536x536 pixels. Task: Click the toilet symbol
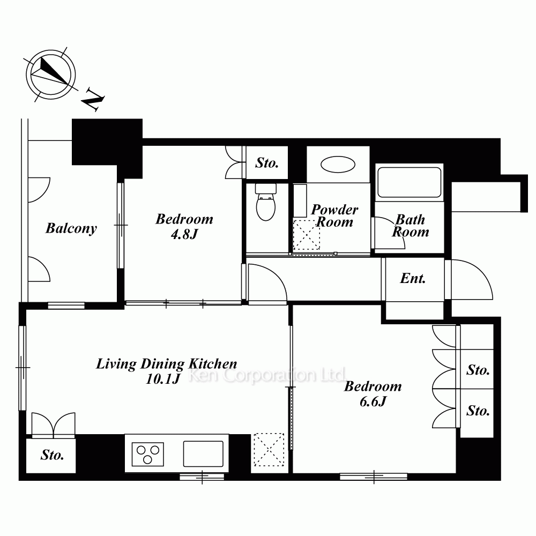click(266, 202)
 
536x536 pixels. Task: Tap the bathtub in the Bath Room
click(409, 182)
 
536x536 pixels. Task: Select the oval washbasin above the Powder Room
click(338, 165)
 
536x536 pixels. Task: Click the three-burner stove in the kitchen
click(148, 455)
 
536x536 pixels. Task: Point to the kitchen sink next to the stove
click(203, 454)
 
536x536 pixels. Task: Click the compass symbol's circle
click(51, 75)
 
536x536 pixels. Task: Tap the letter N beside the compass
click(93, 100)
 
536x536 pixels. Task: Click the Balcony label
click(71, 228)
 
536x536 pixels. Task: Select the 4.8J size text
click(184, 234)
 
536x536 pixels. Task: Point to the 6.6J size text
click(373, 401)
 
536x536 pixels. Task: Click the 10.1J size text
click(163, 379)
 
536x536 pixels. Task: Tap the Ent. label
click(413, 279)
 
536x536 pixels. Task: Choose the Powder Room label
click(334, 215)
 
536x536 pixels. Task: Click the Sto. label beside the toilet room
click(267, 163)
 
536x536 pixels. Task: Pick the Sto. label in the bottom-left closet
click(53, 455)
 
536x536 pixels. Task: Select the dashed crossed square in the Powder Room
click(307, 235)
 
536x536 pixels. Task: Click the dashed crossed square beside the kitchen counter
click(269, 450)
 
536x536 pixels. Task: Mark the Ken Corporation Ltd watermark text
click(267, 375)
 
